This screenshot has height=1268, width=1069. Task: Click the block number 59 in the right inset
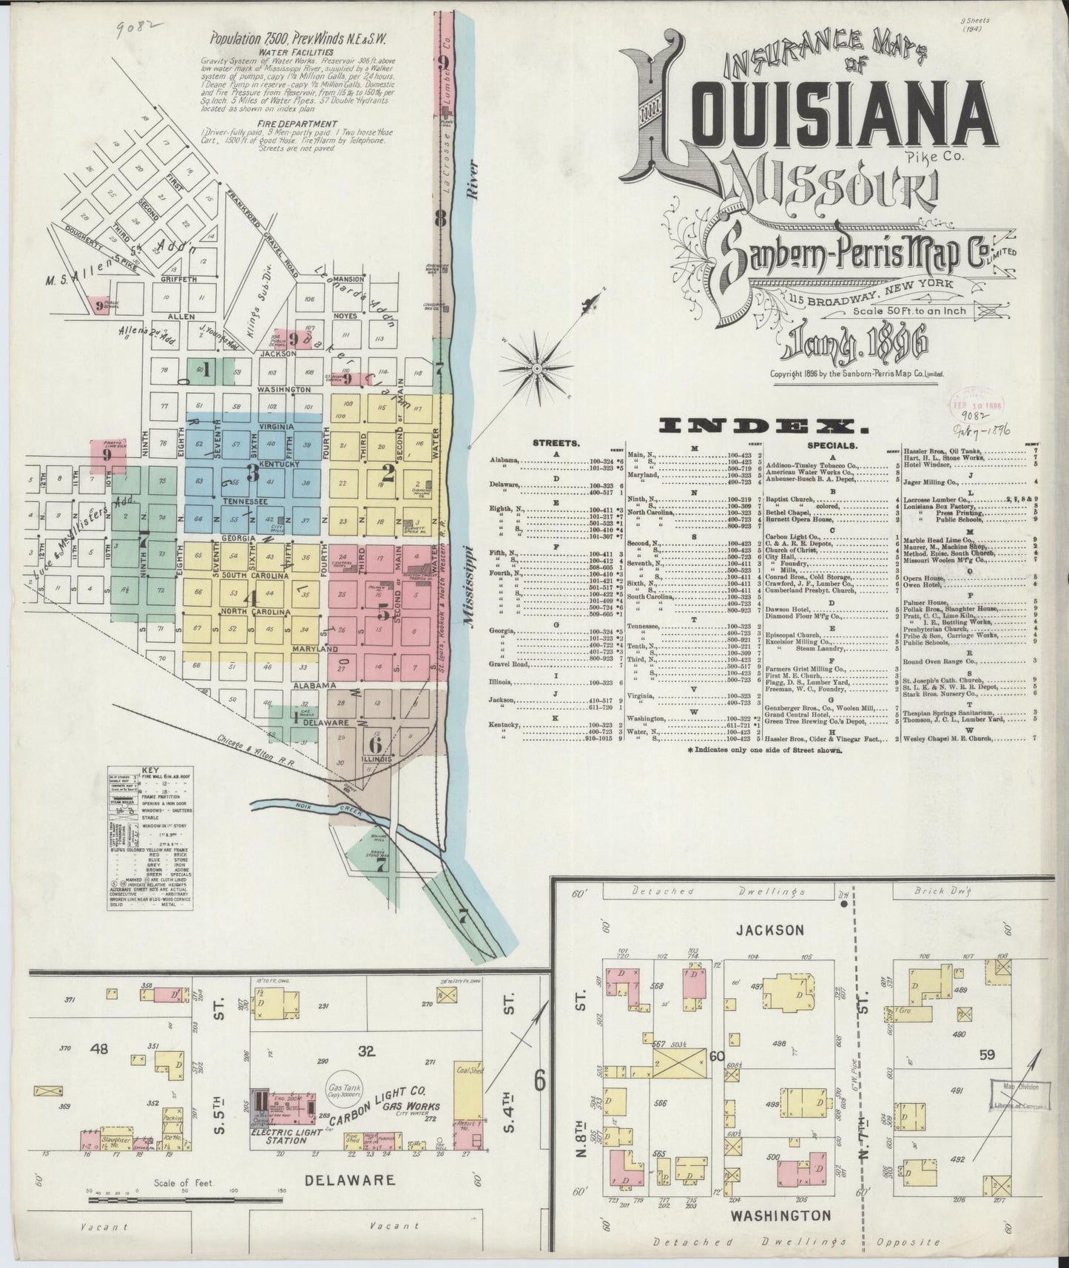coord(988,1055)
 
